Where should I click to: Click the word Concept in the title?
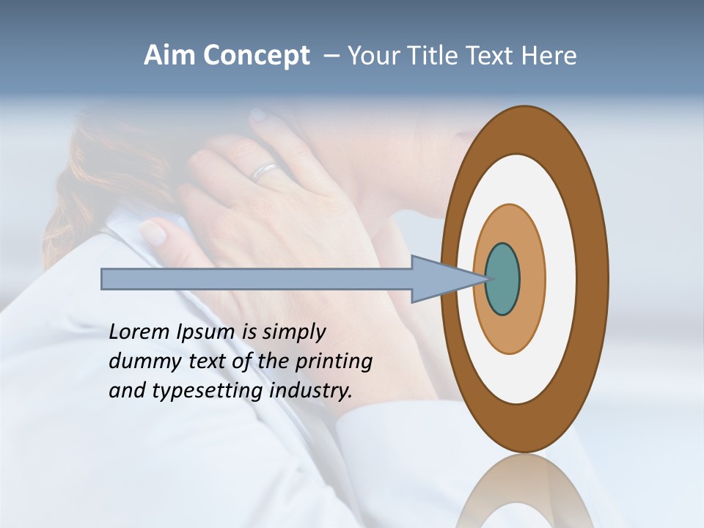(x=256, y=56)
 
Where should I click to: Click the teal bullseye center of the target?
(x=503, y=279)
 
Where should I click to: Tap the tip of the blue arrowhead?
(x=487, y=279)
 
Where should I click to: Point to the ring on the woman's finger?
(x=265, y=172)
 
